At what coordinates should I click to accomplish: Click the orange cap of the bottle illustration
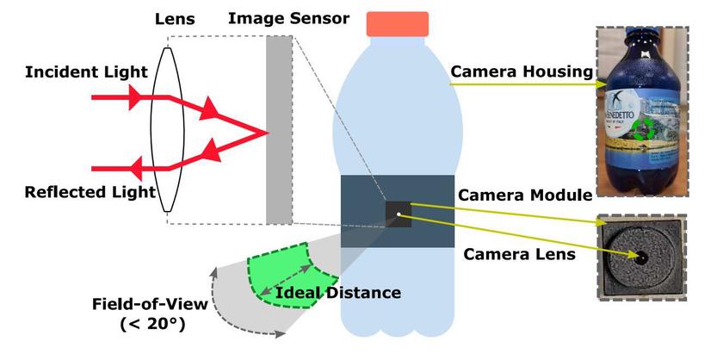[x=397, y=23]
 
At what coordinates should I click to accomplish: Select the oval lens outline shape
[x=164, y=129]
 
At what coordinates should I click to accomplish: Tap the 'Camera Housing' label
[x=522, y=71]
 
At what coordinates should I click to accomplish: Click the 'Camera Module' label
[x=525, y=196]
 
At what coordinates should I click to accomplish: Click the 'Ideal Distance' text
[x=338, y=293]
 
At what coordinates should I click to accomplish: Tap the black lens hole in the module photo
[x=642, y=258]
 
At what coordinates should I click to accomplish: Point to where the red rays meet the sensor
[x=266, y=133]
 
